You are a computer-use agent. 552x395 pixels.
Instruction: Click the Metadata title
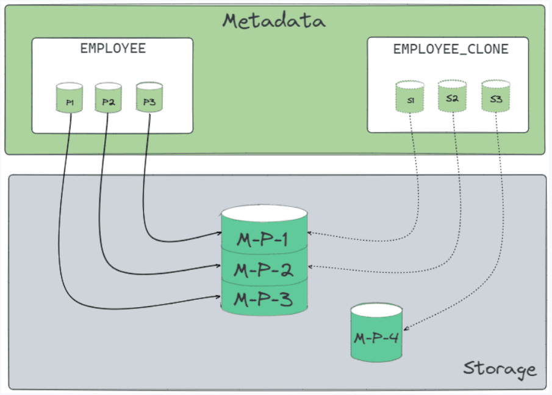click(274, 21)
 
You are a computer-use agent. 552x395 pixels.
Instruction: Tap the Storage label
click(500, 369)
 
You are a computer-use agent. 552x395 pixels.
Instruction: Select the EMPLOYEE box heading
click(113, 48)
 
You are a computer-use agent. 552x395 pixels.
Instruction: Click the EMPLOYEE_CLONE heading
click(451, 49)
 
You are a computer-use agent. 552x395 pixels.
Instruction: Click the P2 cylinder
click(109, 100)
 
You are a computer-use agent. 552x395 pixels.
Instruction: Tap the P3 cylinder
click(149, 100)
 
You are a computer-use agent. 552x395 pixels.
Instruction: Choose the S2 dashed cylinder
click(452, 98)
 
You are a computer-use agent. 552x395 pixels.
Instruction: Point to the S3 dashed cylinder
click(495, 98)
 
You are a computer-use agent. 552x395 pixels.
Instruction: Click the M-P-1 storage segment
click(264, 238)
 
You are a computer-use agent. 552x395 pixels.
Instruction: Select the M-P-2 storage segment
click(264, 269)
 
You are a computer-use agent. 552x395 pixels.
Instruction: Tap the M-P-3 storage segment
click(264, 300)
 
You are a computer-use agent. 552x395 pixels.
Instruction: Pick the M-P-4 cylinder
click(377, 336)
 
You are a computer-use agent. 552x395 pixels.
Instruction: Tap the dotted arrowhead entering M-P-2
click(312, 267)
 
